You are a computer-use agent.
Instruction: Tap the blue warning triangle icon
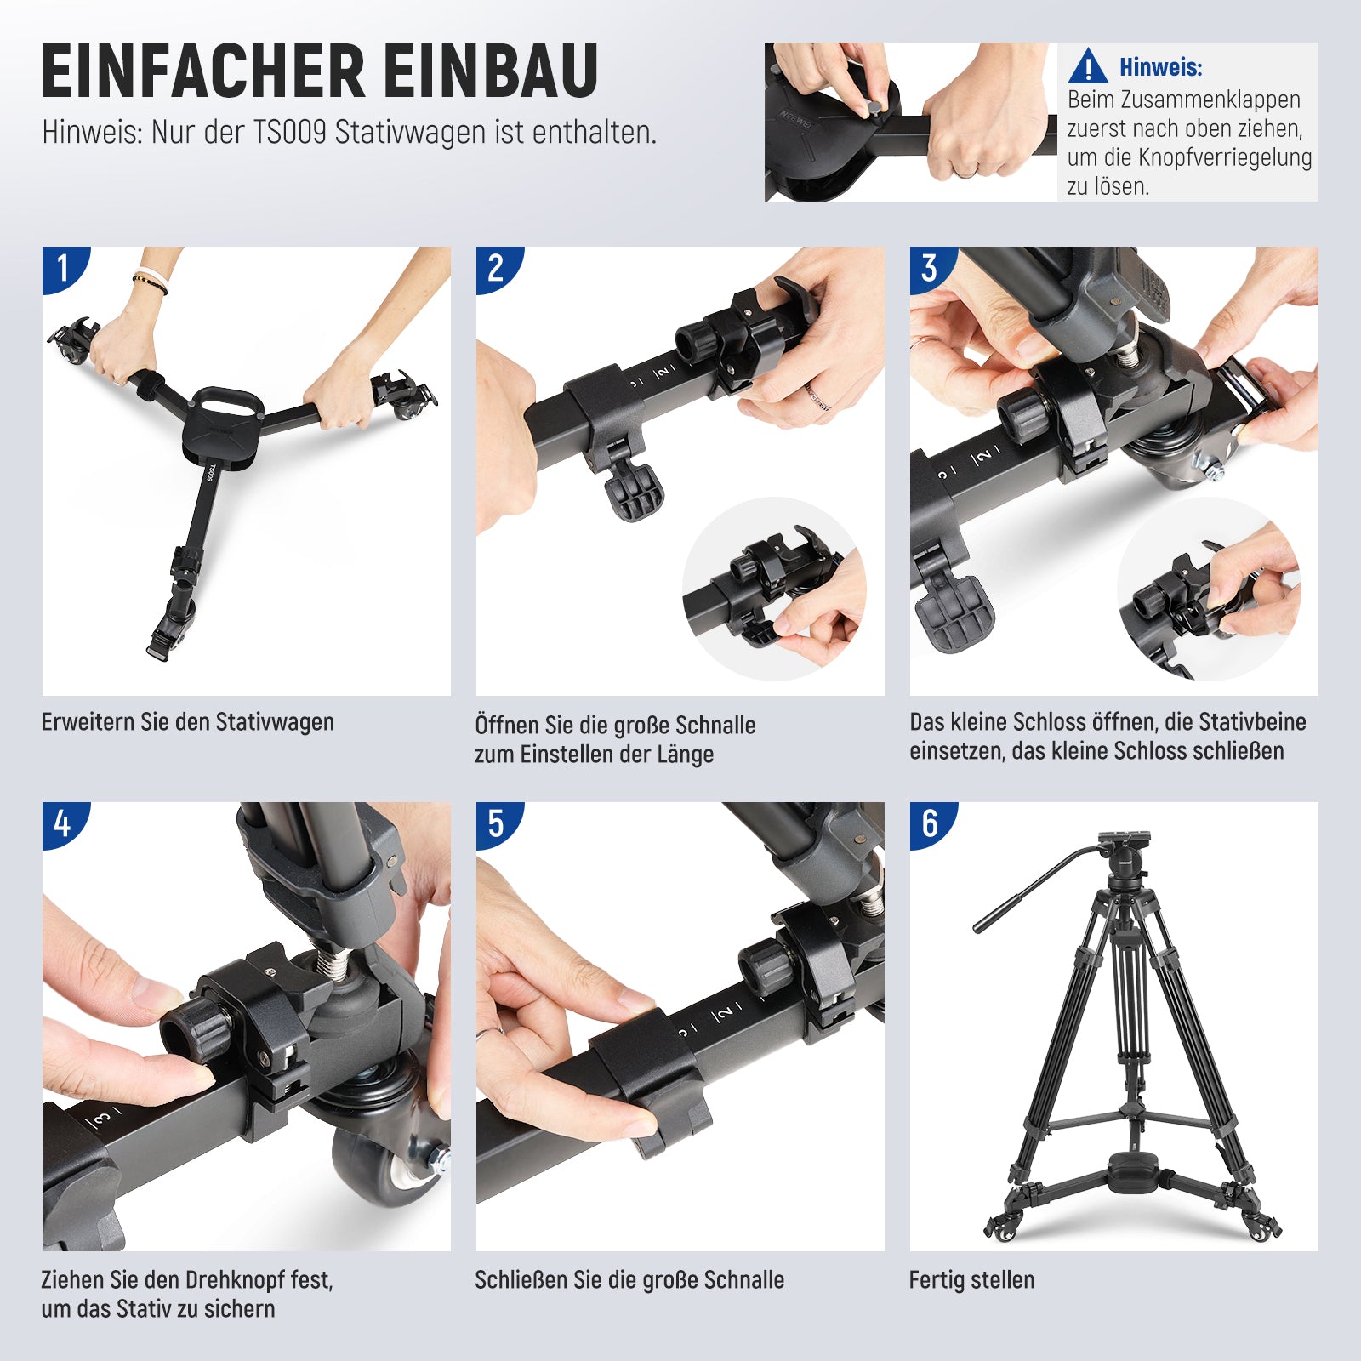point(1088,67)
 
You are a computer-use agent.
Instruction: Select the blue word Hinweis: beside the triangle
point(1161,67)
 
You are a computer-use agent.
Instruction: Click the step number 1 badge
point(63,268)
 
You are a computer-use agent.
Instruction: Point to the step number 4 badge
point(63,823)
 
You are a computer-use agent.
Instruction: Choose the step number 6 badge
point(931,823)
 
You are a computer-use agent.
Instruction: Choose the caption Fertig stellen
point(971,1279)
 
